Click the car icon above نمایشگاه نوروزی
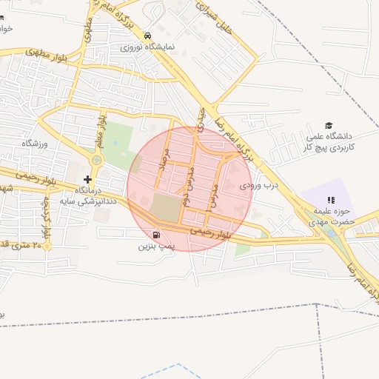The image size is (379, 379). pos(148,36)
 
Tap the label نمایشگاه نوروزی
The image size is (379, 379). pos(149,47)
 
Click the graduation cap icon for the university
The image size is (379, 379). pos(329,125)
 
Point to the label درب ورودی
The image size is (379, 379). pos(258,186)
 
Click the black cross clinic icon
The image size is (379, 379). pos(88,179)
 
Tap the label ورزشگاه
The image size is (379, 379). pos(34,143)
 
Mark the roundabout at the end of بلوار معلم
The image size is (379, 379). pos(96,160)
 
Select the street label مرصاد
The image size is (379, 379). pos(167,156)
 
